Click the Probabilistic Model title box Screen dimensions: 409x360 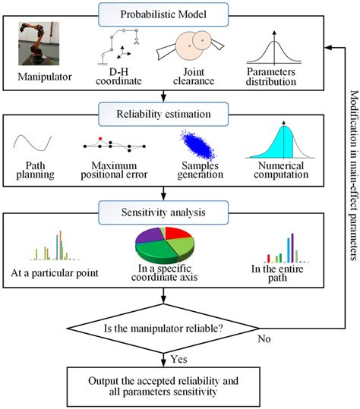pos(163,14)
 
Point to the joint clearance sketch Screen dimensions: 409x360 pos(189,48)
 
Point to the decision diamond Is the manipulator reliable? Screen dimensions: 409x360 pos(163,328)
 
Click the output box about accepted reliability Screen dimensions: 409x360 pos(163,385)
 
